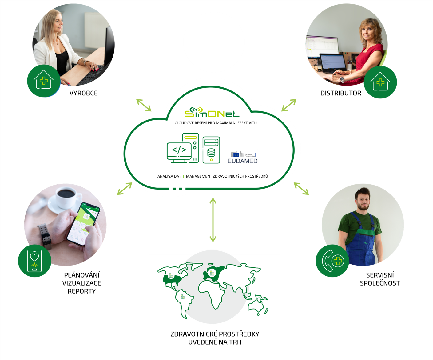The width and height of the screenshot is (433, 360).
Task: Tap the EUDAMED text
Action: (242, 161)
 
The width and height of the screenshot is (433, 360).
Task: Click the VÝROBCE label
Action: (84, 93)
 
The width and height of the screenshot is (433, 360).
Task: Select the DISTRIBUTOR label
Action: (340, 93)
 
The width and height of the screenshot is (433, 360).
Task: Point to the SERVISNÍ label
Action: (380, 275)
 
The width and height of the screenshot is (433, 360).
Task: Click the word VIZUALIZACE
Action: (82, 283)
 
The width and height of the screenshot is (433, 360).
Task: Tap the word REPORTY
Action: (82, 291)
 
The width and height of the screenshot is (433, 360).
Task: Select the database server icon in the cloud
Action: (211, 150)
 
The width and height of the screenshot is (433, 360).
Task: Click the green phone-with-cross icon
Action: (332, 261)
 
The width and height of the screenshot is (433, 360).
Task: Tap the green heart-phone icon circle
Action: (34, 261)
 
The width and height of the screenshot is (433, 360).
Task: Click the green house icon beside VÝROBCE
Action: (43, 81)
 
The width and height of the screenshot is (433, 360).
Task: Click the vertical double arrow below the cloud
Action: (213, 220)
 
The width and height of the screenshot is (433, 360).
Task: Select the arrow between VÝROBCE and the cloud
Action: (144, 105)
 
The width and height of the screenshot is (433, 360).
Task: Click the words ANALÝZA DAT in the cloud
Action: (169, 176)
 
